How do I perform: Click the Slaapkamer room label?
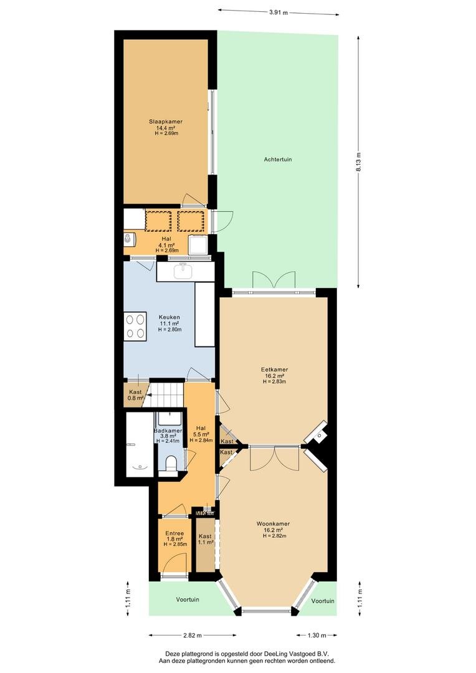pyautogui.click(x=166, y=122)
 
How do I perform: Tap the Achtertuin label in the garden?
pyautogui.click(x=278, y=160)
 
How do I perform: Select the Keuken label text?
pyautogui.click(x=169, y=318)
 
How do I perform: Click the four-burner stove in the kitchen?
pyautogui.click(x=135, y=327)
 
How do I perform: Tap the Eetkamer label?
pyautogui.click(x=274, y=370)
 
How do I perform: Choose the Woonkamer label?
pyautogui.click(x=273, y=523)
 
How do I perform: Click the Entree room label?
pyautogui.click(x=174, y=533)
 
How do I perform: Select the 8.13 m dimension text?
pyautogui.click(x=358, y=162)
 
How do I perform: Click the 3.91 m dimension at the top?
pyautogui.click(x=278, y=12)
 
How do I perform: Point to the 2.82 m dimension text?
pyautogui.click(x=193, y=635)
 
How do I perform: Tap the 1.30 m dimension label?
pyautogui.click(x=317, y=635)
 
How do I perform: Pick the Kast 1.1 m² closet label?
pyautogui.click(x=205, y=539)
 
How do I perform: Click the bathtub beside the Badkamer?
pyautogui.click(x=140, y=444)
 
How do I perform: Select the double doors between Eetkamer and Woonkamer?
pyautogui.click(x=275, y=457)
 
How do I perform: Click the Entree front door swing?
pyautogui.click(x=176, y=563)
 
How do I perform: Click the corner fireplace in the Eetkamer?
pyautogui.click(x=317, y=434)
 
